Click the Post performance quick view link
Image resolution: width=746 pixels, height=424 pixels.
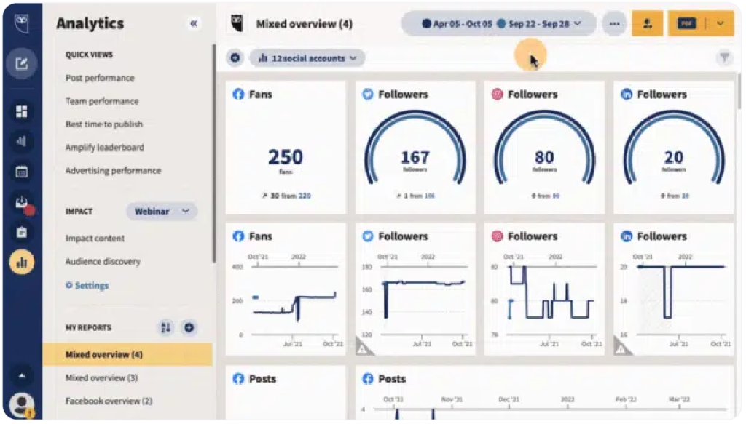pyautogui.click(x=100, y=78)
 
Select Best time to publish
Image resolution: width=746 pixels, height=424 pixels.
pyautogui.click(x=104, y=124)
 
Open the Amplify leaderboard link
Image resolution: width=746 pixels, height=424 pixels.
pyautogui.click(x=105, y=148)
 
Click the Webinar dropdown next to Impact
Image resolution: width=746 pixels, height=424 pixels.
pyautogui.click(x=161, y=212)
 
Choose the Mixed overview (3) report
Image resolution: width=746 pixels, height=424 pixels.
pyautogui.click(x=101, y=378)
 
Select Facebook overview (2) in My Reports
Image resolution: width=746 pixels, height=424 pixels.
pyautogui.click(x=109, y=401)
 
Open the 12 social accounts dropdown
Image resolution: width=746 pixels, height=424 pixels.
pyautogui.click(x=307, y=58)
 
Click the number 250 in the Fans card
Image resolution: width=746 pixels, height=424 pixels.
pyautogui.click(x=286, y=157)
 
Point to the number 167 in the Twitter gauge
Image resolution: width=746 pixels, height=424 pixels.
pyautogui.click(x=415, y=157)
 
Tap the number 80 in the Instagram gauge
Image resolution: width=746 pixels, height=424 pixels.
pyautogui.click(x=544, y=157)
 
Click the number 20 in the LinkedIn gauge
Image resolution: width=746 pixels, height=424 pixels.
pyautogui.click(x=673, y=157)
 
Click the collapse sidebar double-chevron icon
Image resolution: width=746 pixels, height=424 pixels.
pyautogui.click(x=194, y=23)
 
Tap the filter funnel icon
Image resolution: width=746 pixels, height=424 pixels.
pyautogui.click(x=724, y=58)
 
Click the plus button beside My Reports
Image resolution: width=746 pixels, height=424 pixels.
pyautogui.click(x=189, y=328)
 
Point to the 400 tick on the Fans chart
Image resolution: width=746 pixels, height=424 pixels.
pyautogui.click(x=237, y=267)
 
